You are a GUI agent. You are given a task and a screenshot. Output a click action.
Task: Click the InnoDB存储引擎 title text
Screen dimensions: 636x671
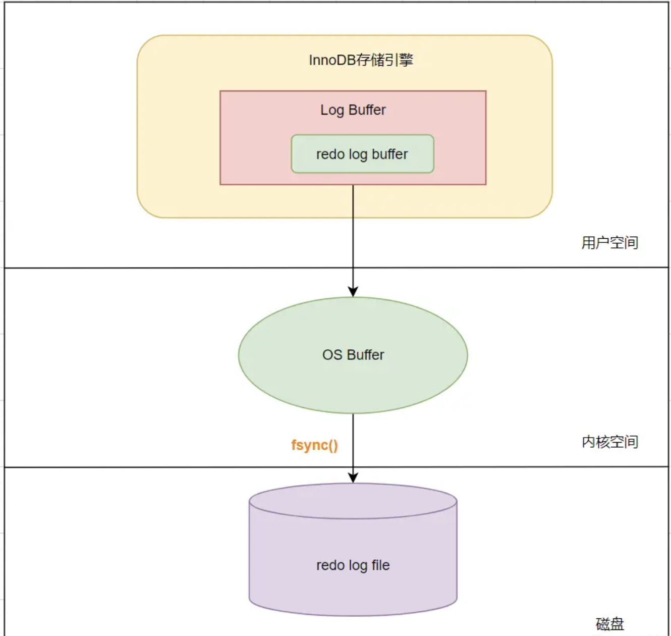[361, 60]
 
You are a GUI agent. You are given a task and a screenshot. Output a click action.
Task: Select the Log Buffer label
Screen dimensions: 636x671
[353, 110]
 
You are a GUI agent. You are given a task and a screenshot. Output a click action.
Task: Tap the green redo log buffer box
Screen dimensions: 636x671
[362, 154]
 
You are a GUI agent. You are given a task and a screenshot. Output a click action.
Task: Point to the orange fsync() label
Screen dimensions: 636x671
[314, 445]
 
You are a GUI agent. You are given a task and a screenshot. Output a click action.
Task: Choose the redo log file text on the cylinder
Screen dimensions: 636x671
[353, 565]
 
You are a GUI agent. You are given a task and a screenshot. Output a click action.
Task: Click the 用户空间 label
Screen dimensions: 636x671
[609, 243]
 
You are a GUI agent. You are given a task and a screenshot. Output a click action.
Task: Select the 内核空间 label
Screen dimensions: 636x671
[609, 442]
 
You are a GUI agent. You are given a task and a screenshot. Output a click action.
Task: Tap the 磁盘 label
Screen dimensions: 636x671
[609, 624]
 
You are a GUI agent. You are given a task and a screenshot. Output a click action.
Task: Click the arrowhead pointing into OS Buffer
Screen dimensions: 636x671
[353, 292]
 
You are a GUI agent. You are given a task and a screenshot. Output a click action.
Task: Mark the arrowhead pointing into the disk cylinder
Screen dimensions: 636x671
[353, 478]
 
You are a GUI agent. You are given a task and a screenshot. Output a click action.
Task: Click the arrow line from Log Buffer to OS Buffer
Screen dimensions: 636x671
[353, 237]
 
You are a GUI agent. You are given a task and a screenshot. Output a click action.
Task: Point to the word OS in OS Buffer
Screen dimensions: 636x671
[332, 355]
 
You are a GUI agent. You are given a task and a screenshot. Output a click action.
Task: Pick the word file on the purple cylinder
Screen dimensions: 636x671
[380, 565]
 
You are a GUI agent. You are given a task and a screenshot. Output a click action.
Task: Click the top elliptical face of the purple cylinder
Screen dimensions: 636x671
[353, 501]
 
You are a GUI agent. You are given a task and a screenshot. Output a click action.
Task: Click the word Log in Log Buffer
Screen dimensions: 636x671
[332, 110]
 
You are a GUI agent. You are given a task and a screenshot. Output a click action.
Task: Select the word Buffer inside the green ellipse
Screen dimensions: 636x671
[365, 355]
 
